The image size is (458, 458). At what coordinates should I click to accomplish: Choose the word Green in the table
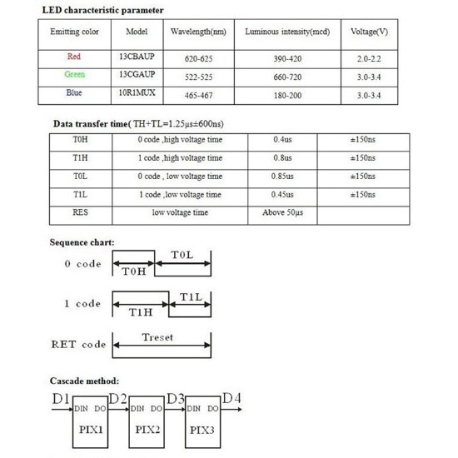[75, 77]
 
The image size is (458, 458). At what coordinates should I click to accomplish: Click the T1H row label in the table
[81, 158]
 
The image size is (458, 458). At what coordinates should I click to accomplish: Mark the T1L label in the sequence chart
[192, 296]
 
